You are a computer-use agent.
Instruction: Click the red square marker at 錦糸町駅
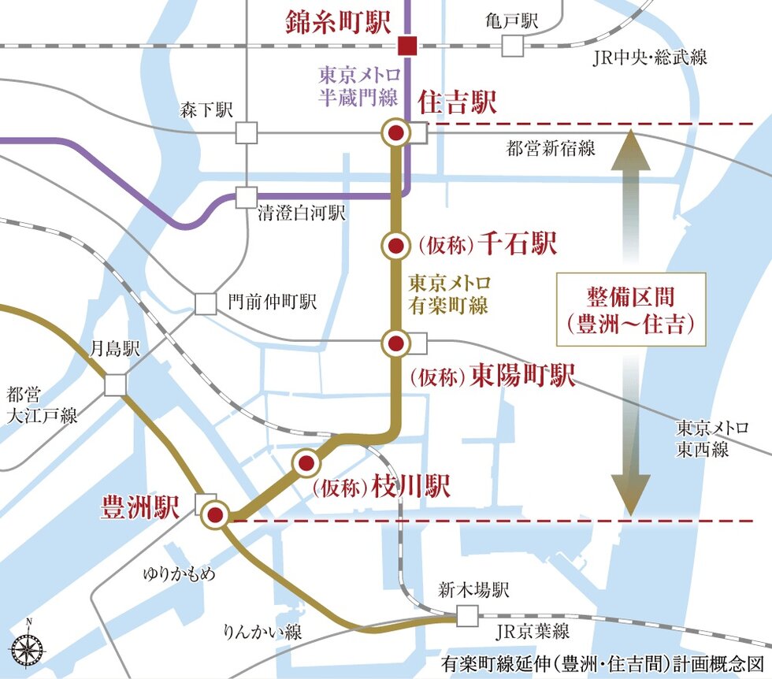(407, 46)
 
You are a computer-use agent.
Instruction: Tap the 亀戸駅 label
(512, 21)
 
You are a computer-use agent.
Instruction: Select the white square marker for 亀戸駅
(513, 46)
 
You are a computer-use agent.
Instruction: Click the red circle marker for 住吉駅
(396, 133)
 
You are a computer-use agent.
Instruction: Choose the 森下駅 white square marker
(247, 133)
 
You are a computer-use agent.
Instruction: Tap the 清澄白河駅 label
(302, 213)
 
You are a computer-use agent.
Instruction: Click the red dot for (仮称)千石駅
(396, 247)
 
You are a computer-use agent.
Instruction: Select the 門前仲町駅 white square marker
(205, 303)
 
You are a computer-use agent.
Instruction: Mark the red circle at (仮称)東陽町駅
(395, 343)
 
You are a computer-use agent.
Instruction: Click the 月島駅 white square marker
(115, 384)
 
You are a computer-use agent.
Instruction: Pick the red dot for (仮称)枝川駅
(306, 463)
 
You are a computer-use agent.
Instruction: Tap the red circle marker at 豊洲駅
(215, 516)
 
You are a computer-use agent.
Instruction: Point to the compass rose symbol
(28, 648)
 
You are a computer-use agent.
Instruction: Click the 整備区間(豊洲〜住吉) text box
(631, 310)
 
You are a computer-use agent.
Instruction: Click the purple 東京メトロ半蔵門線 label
(360, 84)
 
